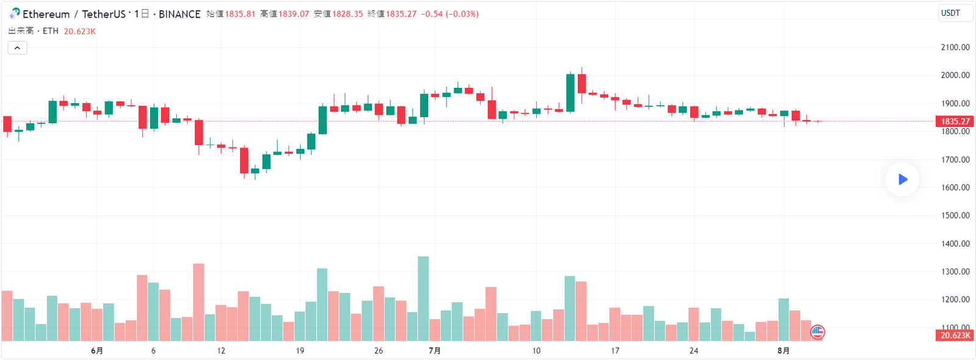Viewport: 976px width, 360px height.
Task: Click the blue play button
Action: pyautogui.click(x=902, y=179)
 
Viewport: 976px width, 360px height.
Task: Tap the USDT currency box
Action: pyautogui.click(x=955, y=13)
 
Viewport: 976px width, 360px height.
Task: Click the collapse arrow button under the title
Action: pyautogui.click(x=17, y=48)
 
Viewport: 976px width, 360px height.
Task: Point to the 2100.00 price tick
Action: pyautogui.click(x=955, y=47)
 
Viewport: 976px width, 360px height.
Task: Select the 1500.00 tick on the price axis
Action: pyautogui.click(x=955, y=215)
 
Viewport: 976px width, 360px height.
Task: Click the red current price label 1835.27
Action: pyautogui.click(x=955, y=121)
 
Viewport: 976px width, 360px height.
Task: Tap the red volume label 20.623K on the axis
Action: pyautogui.click(x=955, y=336)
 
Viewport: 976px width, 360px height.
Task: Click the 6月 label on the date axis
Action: pyautogui.click(x=96, y=351)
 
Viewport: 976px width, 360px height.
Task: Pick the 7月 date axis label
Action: pyautogui.click(x=434, y=351)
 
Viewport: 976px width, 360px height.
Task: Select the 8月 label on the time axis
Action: pyautogui.click(x=783, y=351)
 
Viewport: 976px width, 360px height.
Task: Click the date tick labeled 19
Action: pyautogui.click(x=300, y=351)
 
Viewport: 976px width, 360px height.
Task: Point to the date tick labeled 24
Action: pyautogui.click(x=694, y=351)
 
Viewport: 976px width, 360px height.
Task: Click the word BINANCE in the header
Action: pyautogui.click(x=179, y=14)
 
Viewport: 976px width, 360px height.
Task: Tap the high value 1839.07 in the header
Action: pyautogui.click(x=293, y=14)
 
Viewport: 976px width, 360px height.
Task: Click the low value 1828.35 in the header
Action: pyautogui.click(x=347, y=14)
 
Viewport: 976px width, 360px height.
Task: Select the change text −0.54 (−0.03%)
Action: pyautogui.click(x=450, y=14)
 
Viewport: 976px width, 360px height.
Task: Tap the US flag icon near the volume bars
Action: pyautogui.click(x=817, y=332)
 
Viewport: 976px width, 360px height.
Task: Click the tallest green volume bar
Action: pyautogui.click(x=423, y=298)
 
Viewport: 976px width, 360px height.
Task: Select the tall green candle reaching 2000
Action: pyautogui.click(x=570, y=93)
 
